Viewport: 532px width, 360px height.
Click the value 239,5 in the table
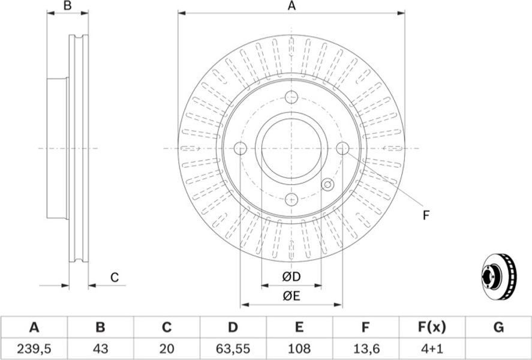pos(34,348)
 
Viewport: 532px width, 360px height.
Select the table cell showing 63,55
pos(233,348)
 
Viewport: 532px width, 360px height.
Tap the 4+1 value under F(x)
pos(431,348)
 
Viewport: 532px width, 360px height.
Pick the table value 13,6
pos(365,348)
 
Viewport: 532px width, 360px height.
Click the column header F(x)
pos(431,328)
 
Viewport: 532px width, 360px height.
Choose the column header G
pos(498,328)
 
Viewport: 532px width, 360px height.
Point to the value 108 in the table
pos(299,348)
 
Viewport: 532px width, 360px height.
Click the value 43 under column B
pos(100,348)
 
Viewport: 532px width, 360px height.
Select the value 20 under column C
pos(166,348)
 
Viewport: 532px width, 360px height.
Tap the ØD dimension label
pos(291,277)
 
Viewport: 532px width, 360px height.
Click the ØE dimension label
pos(291,296)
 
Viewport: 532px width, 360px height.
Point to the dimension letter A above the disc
pos(291,6)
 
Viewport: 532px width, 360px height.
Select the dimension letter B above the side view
pos(68,6)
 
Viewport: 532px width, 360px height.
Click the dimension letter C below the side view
pos(115,277)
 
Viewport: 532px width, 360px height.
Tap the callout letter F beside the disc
pos(426,215)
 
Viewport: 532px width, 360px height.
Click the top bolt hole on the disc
pos(291,97)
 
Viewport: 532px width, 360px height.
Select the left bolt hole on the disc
pos(241,148)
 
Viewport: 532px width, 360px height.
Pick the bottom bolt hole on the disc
pos(291,200)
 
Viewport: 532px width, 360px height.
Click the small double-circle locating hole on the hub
pos(327,185)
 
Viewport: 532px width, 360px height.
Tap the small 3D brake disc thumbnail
pos(499,277)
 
